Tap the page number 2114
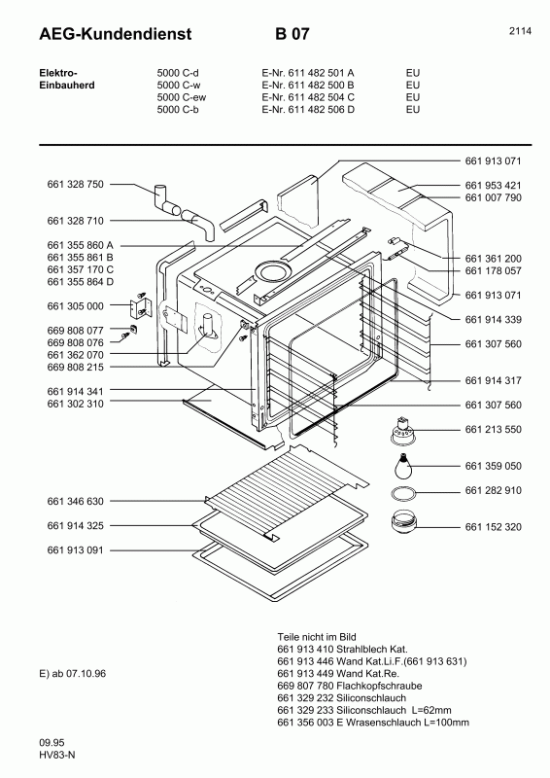point(519,30)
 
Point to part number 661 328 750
point(75,184)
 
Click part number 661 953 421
point(493,185)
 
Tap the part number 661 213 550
point(493,429)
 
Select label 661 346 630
point(75,501)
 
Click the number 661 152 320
point(493,526)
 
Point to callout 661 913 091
point(75,549)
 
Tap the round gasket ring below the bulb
point(400,493)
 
